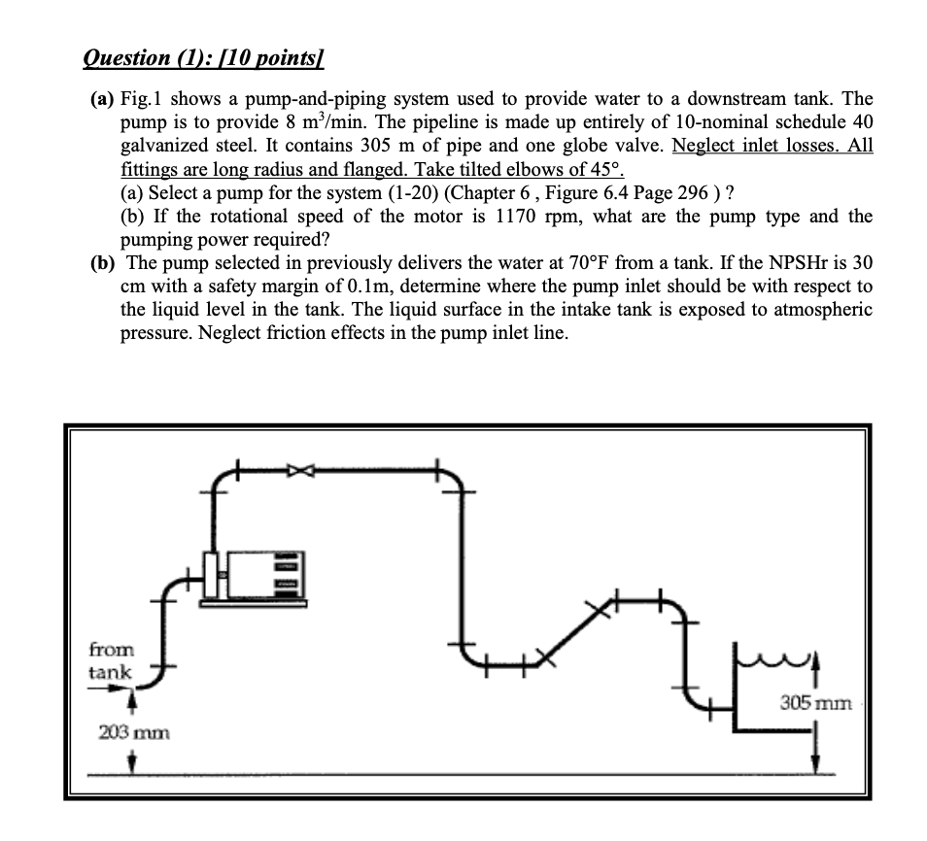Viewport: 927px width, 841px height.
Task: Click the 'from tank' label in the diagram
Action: (112, 659)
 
